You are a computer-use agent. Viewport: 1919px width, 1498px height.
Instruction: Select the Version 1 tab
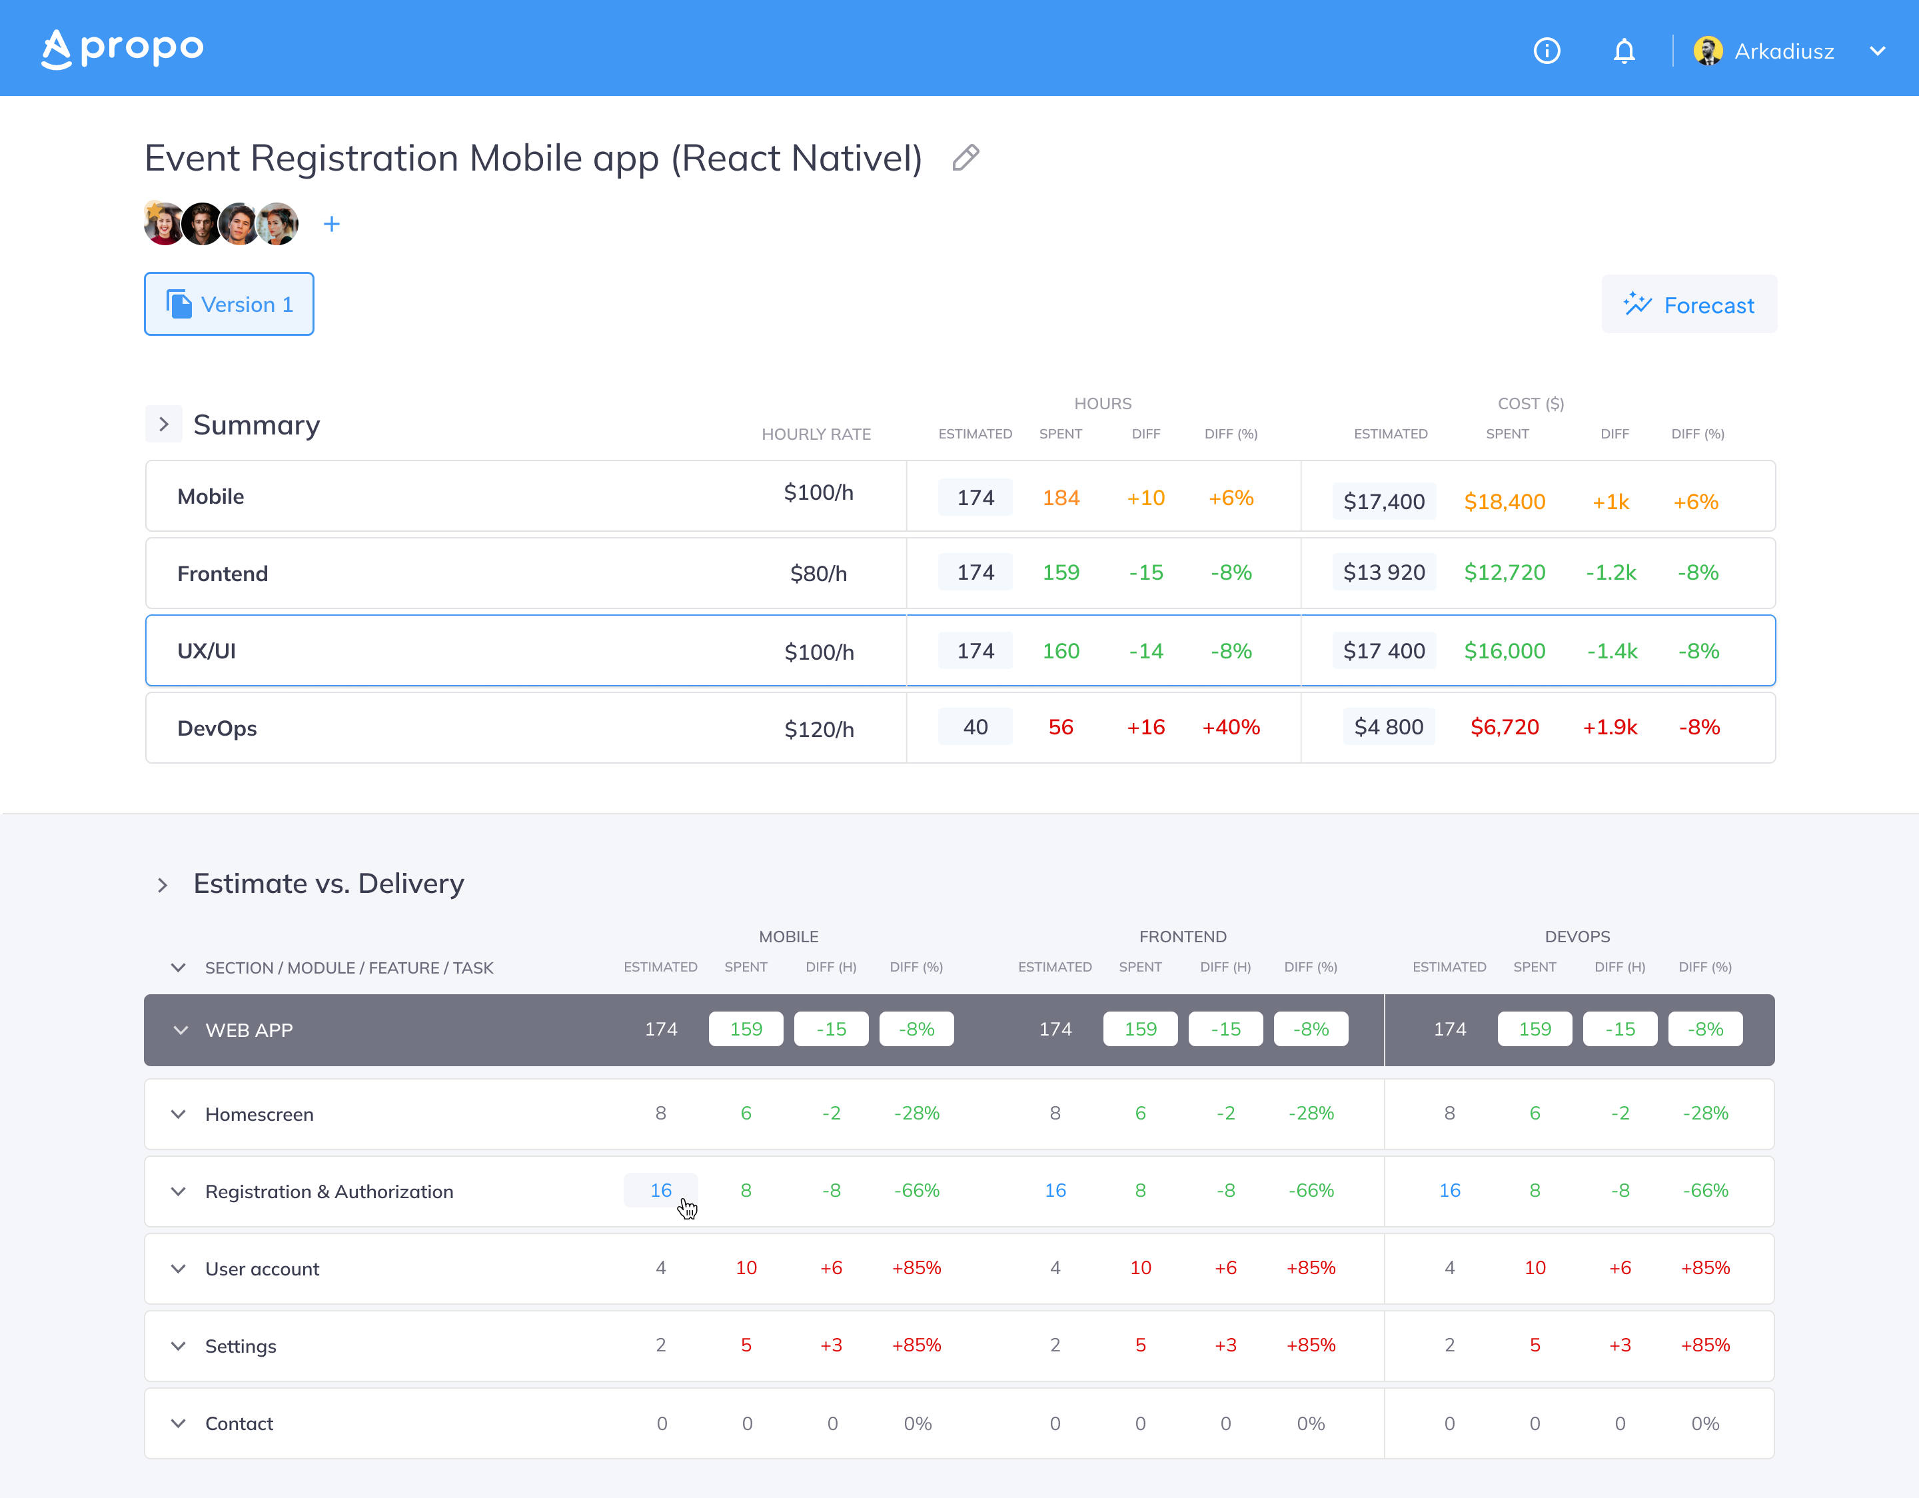pos(229,304)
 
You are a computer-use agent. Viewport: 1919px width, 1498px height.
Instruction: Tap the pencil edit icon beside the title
pos(965,157)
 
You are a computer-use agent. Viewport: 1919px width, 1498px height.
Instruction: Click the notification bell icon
pos(1624,51)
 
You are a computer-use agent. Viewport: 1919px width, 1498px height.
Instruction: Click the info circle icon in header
pos(1547,51)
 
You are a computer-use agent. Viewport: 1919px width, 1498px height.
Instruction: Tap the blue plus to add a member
pos(331,224)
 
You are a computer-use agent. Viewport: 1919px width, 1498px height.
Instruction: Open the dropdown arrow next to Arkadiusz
pos(1877,51)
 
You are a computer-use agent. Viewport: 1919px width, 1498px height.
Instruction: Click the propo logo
pos(122,49)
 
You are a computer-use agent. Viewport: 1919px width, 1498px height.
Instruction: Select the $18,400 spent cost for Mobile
pos(1505,502)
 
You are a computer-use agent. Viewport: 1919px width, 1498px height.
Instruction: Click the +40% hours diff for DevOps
pos(1231,728)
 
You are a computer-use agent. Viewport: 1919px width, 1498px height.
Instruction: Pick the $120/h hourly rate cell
pos(819,729)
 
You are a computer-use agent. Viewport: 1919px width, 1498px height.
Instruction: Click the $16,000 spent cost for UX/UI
pos(1505,651)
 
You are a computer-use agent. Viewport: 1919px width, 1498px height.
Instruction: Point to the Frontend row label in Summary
pos(223,574)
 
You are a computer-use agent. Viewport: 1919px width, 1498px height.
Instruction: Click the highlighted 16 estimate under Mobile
pos(661,1191)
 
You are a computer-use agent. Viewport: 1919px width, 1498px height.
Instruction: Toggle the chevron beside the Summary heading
pos(163,424)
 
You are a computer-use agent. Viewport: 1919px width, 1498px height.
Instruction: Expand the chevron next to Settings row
pos(179,1346)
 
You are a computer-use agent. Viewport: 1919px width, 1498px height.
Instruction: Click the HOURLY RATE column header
pos(816,434)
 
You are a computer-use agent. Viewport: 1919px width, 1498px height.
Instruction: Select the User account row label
pos(262,1269)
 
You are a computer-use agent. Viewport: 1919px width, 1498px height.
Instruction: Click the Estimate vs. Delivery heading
pos(328,883)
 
